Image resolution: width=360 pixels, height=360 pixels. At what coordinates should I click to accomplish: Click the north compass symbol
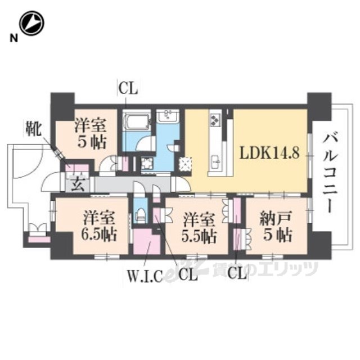pyautogui.click(x=31, y=24)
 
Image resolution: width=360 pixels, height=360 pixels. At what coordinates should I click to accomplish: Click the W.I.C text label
pyautogui.click(x=144, y=276)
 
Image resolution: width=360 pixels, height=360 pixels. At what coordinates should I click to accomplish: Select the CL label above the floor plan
pyautogui.click(x=128, y=88)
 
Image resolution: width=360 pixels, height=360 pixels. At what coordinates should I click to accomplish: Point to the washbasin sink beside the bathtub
pyautogui.click(x=168, y=117)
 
